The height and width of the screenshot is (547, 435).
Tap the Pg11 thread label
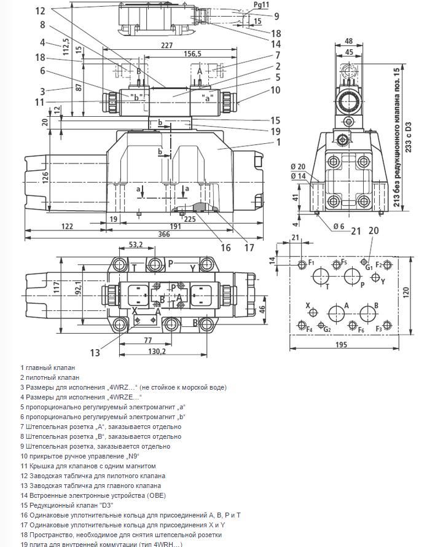[x=262, y=4]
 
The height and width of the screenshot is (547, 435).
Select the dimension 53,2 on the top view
[x=136, y=245]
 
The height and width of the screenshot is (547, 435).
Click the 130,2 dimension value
[x=157, y=352]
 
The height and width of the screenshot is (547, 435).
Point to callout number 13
[x=94, y=352]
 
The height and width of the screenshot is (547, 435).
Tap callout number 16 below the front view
[x=225, y=248]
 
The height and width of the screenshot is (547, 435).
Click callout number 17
[x=249, y=248]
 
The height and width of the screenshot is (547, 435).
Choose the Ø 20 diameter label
[x=297, y=167]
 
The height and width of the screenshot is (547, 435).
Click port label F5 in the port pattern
[x=344, y=263]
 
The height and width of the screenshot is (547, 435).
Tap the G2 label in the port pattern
[x=327, y=329]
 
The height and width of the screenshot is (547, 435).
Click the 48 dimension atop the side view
[x=349, y=42]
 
